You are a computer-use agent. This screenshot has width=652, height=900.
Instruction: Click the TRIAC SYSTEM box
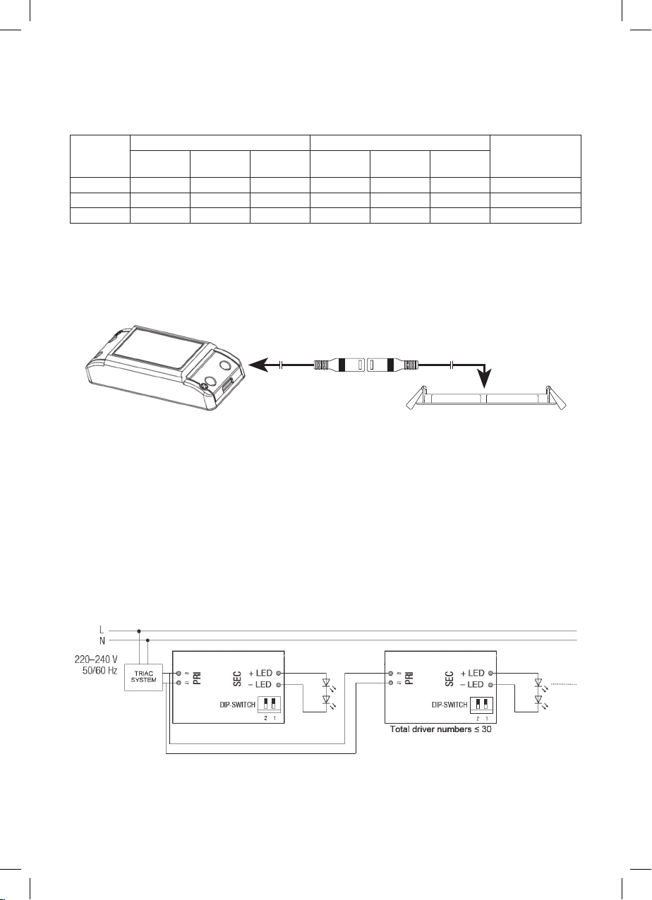point(143,677)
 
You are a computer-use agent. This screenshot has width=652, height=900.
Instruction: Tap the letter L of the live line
point(102,631)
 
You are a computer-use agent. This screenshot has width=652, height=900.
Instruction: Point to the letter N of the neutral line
point(102,641)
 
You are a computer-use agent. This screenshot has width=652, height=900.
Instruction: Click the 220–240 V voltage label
point(96,659)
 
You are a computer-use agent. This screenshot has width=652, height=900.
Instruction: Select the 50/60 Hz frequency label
point(100,671)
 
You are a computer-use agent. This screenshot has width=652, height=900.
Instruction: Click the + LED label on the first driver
point(260,673)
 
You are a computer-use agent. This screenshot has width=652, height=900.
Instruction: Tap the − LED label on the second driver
point(473,684)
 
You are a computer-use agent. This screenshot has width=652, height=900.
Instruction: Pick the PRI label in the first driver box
point(197,679)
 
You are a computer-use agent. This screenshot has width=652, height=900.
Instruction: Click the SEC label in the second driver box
point(449,679)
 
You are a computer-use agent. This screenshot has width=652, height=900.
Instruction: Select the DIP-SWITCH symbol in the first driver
point(269,705)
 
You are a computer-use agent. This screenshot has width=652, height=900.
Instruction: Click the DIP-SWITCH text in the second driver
point(449,705)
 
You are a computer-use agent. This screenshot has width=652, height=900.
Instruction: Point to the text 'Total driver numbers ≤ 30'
point(440,729)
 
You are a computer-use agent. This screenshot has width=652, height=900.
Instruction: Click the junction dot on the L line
point(139,631)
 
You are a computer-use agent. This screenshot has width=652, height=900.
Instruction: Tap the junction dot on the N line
point(148,640)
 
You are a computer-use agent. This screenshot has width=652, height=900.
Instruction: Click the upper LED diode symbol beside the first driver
point(327,682)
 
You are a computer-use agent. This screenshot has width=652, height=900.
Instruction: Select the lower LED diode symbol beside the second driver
point(538,700)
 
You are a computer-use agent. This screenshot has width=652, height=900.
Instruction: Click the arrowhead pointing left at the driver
point(258,365)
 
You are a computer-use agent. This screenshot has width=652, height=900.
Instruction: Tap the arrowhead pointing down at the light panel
point(485,378)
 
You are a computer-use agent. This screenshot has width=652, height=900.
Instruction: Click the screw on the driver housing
point(204,386)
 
